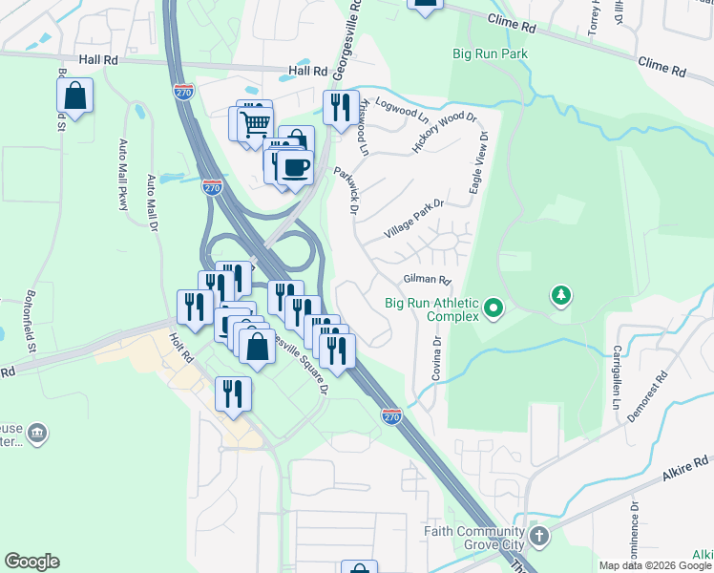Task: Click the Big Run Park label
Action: click(490, 54)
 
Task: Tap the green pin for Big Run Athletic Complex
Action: click(493, 308)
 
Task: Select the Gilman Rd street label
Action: click(426, 280)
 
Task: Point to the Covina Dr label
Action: click(436, 358)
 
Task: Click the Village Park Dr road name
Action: click(414, 220)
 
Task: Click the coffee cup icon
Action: click(294, 167)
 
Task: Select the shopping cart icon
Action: click(254, 122)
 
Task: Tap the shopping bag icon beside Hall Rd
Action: click(74, 95)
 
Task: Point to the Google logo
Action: click(31, 562)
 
